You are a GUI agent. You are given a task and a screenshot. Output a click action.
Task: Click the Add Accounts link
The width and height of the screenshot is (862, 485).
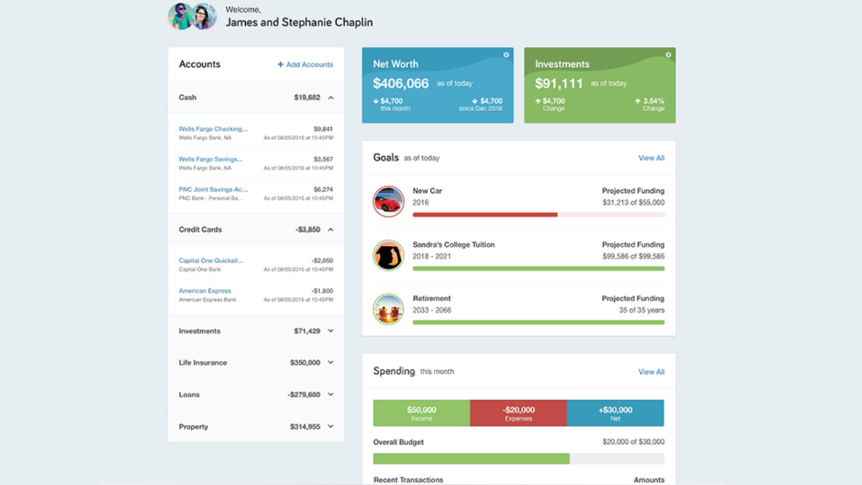tap(305, 65)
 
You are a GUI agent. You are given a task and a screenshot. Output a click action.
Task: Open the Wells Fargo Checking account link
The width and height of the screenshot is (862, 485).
tap(213, 129)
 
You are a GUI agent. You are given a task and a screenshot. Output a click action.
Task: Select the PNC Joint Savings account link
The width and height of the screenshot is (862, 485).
tap(213, 189)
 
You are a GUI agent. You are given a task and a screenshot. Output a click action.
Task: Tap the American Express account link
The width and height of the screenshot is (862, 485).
tap(205, 291)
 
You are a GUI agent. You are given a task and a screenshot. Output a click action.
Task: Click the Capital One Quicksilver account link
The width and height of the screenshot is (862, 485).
tap(211, 260)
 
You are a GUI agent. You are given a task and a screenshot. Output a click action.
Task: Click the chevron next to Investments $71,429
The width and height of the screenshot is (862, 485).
tap(331, 331)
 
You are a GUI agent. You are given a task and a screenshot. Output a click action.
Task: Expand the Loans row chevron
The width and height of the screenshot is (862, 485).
tap(331, 395)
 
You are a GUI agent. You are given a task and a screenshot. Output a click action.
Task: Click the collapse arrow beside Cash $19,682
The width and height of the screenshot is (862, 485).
tap(331, 98)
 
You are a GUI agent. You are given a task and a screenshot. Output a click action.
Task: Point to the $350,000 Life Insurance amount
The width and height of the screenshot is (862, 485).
tap(305, 362)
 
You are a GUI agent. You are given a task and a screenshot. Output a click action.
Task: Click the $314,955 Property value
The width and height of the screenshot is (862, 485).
tap(305, 426)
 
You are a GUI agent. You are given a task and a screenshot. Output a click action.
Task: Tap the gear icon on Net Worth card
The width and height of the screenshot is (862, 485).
tap(506, 55)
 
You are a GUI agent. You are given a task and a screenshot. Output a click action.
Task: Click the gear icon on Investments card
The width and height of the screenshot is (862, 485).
tap(668, 55)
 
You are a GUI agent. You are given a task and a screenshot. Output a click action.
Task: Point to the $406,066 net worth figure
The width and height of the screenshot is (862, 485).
tap(401, 84)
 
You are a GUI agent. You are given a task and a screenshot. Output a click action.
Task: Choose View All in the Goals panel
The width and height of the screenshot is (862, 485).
tap(651, 158)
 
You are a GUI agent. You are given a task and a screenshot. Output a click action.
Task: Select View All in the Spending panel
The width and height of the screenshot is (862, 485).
tap(651, 372)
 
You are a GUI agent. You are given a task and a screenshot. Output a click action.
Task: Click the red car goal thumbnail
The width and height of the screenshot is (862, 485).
tap(389, 201)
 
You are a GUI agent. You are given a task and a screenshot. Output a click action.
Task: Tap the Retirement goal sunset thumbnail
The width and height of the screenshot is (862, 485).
tap(389, 309)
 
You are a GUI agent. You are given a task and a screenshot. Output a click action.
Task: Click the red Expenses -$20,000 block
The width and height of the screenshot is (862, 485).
tap(519, 413)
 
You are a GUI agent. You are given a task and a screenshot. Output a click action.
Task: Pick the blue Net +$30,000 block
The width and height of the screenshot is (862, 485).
tap(616, 413)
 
